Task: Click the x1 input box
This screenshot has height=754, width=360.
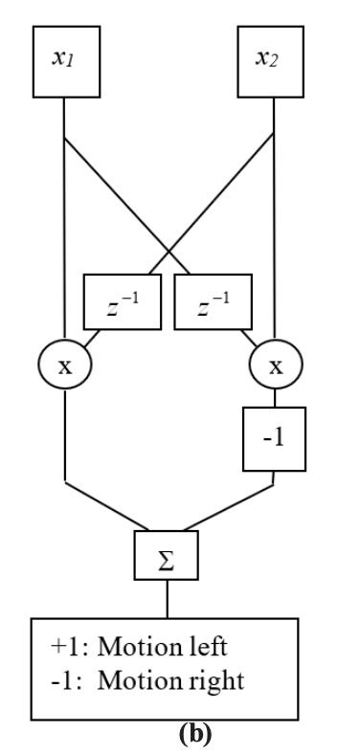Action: pos(63,58)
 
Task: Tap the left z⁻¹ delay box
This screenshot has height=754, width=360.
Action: pos(123,301)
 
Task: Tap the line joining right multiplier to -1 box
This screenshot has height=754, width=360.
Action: pos(275,401)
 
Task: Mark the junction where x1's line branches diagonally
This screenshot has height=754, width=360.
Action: pos(63,139)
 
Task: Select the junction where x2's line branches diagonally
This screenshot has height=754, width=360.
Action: pos(275,139)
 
